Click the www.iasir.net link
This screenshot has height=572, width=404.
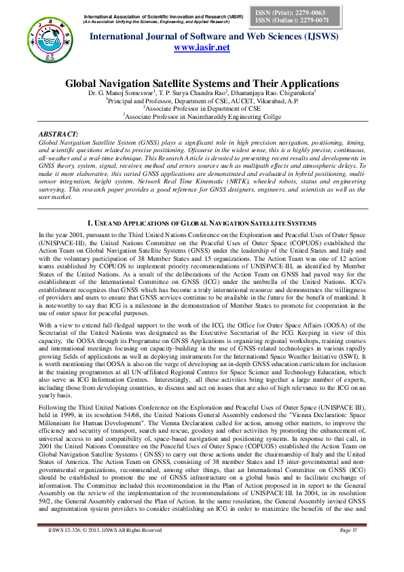(x=202, y=48)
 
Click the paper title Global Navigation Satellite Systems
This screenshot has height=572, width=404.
(x=202, y=82)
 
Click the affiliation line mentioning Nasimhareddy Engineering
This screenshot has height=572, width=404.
(x=202, y=115)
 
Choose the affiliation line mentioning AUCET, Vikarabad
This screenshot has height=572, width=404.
(x=202, y=100)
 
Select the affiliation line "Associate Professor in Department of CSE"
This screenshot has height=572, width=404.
(x=202, y=107)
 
